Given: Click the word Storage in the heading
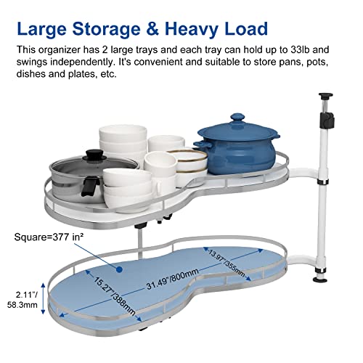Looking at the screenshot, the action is point(106,29).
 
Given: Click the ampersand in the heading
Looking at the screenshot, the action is point(152,28).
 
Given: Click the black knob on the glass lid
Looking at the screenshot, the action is point(94,154).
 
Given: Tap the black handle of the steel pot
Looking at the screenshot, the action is point(89,186).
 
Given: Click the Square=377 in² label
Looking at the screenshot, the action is point(49,237).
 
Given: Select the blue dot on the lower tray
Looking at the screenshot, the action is point(118,269).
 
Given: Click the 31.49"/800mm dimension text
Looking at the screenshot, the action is point(173,279).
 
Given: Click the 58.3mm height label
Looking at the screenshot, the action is point(23,305).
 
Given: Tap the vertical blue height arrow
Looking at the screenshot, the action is point(43,298).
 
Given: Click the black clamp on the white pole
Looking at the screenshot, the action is point(327,120).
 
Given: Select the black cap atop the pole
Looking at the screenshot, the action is point(325,96).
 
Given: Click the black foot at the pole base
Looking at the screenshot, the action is point(320,280).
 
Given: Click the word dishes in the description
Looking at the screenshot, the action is point(30,74).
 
